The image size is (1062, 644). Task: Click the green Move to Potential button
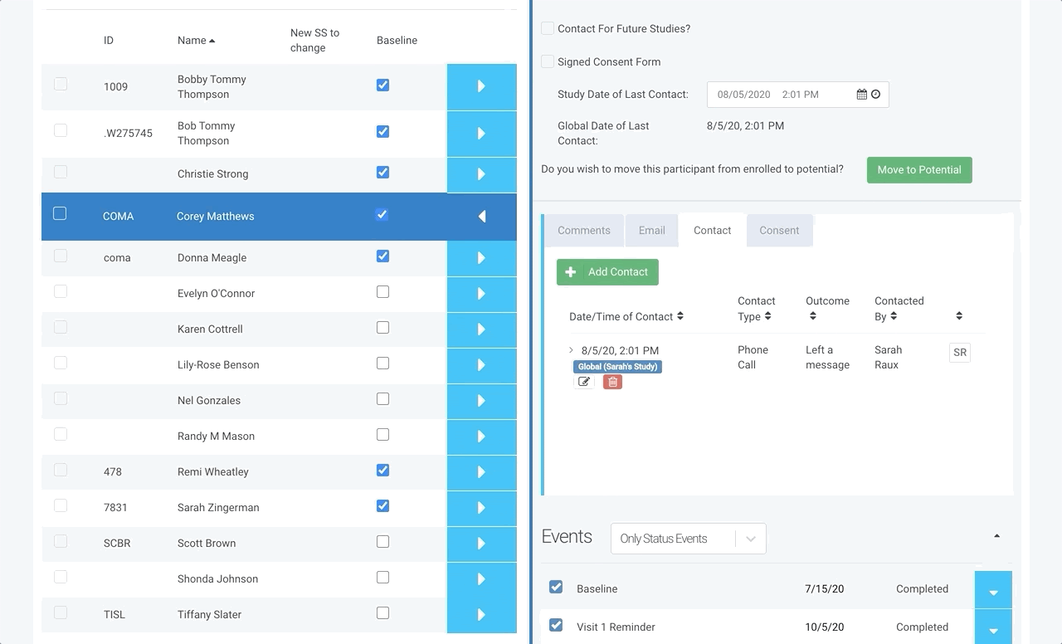(x=919, y=170)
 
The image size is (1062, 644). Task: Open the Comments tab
(x=583, y=231)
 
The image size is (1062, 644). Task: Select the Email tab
(x=651, y=231)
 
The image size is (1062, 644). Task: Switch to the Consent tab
(x=779, y=231)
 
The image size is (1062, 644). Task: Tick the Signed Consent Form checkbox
(x=548, y=61)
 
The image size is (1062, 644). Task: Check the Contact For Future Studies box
(x=548, y=28)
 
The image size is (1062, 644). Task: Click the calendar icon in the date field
(x=861, y=95)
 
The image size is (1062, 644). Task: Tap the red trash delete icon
(x=612, y=382)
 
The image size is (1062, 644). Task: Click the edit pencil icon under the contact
(x=583, y=382)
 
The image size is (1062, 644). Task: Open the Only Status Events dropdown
(x=688, y=539)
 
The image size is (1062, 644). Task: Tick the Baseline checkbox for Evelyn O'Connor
(x=382, y=292)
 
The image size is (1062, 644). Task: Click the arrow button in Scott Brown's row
(x=481, y=544)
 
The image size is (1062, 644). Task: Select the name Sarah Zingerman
(x=218, y=507)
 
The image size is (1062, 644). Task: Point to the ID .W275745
(x=128, y=134)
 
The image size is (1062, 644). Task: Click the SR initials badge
(x=960, y=353)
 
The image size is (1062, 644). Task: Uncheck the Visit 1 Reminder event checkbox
(x=556, y=625)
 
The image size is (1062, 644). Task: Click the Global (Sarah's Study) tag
(x=617, y=367)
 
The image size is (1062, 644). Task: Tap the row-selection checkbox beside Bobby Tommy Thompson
(x=61, y=85)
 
